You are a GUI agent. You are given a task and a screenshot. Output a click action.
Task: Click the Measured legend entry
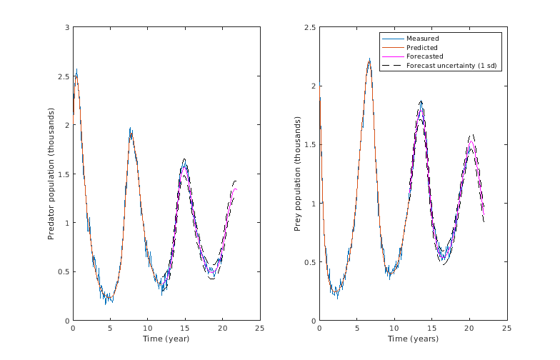[422, 38]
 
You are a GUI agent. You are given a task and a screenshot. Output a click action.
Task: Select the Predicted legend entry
[423, 47]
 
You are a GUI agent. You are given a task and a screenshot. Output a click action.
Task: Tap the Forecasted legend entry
[424, 56]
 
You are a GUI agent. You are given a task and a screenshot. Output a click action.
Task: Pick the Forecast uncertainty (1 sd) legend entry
[451, 66]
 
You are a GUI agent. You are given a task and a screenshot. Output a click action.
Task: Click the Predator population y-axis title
[51, 174]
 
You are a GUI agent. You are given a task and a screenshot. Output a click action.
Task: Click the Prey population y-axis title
[298, 174]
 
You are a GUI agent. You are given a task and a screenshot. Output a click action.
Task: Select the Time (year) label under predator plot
[166, 339]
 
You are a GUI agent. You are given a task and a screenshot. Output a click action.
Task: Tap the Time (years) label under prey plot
[413, 339]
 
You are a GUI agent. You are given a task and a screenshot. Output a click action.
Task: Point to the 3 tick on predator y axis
[66, 27]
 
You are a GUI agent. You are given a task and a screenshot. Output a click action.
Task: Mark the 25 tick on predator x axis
[259, 329]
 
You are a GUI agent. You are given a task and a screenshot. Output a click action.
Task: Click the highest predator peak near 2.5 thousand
[76, 70]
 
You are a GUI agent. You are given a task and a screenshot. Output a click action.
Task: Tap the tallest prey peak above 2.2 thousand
[369, 59]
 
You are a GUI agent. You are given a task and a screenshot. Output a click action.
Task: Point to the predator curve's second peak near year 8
[131, 129]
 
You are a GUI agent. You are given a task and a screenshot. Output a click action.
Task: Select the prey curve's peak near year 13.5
[421, 102]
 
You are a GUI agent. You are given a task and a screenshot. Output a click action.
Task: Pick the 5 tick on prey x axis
[356, 329]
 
